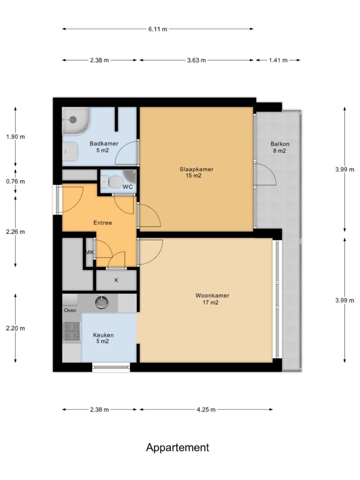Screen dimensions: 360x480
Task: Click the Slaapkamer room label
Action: (x=196, y=169)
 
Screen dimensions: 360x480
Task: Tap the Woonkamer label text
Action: (x=212, y=296)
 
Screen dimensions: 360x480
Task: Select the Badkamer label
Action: (x=104, y=144)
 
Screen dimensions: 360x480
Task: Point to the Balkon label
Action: (x=280, y=144)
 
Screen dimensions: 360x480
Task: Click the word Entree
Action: (x=103, y=223)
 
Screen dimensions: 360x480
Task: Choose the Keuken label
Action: (x=103, y=335)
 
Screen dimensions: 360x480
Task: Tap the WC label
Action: (x=128, y=187)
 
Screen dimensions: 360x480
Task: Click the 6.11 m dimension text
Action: (x=158, y=29)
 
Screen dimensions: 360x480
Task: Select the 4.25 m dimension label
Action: (x=206, y=409)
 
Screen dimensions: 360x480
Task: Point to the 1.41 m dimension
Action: (x=278, y=60)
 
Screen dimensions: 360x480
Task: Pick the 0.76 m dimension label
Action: (x=16, y=182)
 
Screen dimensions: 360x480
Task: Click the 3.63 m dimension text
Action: (x=197, y=60)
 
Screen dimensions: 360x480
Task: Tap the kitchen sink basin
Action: (x=101, y=302)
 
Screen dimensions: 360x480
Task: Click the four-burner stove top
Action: (x=72, y=331)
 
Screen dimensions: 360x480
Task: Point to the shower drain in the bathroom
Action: (x=73, y=120)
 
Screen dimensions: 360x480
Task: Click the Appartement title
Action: (x=178, y=448)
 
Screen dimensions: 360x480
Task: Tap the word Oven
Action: (x=70, y=310)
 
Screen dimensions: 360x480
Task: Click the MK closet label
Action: (x=90, y=252)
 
